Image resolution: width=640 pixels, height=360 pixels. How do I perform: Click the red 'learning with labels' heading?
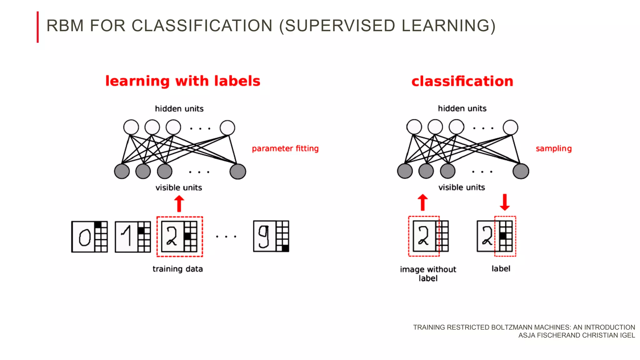183,81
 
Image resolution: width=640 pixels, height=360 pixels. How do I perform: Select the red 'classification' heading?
462,81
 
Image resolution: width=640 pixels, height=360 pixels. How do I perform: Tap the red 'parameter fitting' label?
285,148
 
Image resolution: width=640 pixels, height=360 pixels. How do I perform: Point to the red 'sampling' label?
553,148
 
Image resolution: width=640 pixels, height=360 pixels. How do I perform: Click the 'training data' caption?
177,269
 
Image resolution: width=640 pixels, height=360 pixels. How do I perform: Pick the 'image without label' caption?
428,273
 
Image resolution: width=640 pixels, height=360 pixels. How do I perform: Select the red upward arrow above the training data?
179,204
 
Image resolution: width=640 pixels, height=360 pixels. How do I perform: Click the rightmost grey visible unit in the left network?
238,172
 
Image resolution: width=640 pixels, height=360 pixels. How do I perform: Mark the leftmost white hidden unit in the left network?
131,127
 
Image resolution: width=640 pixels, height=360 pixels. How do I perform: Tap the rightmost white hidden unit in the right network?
510,127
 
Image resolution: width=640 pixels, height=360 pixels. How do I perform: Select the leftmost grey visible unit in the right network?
405,171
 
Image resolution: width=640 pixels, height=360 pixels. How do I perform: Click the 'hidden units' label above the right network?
462,108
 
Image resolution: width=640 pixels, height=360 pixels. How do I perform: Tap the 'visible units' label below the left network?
179,187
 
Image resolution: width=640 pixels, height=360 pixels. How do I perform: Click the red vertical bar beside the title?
38,27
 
